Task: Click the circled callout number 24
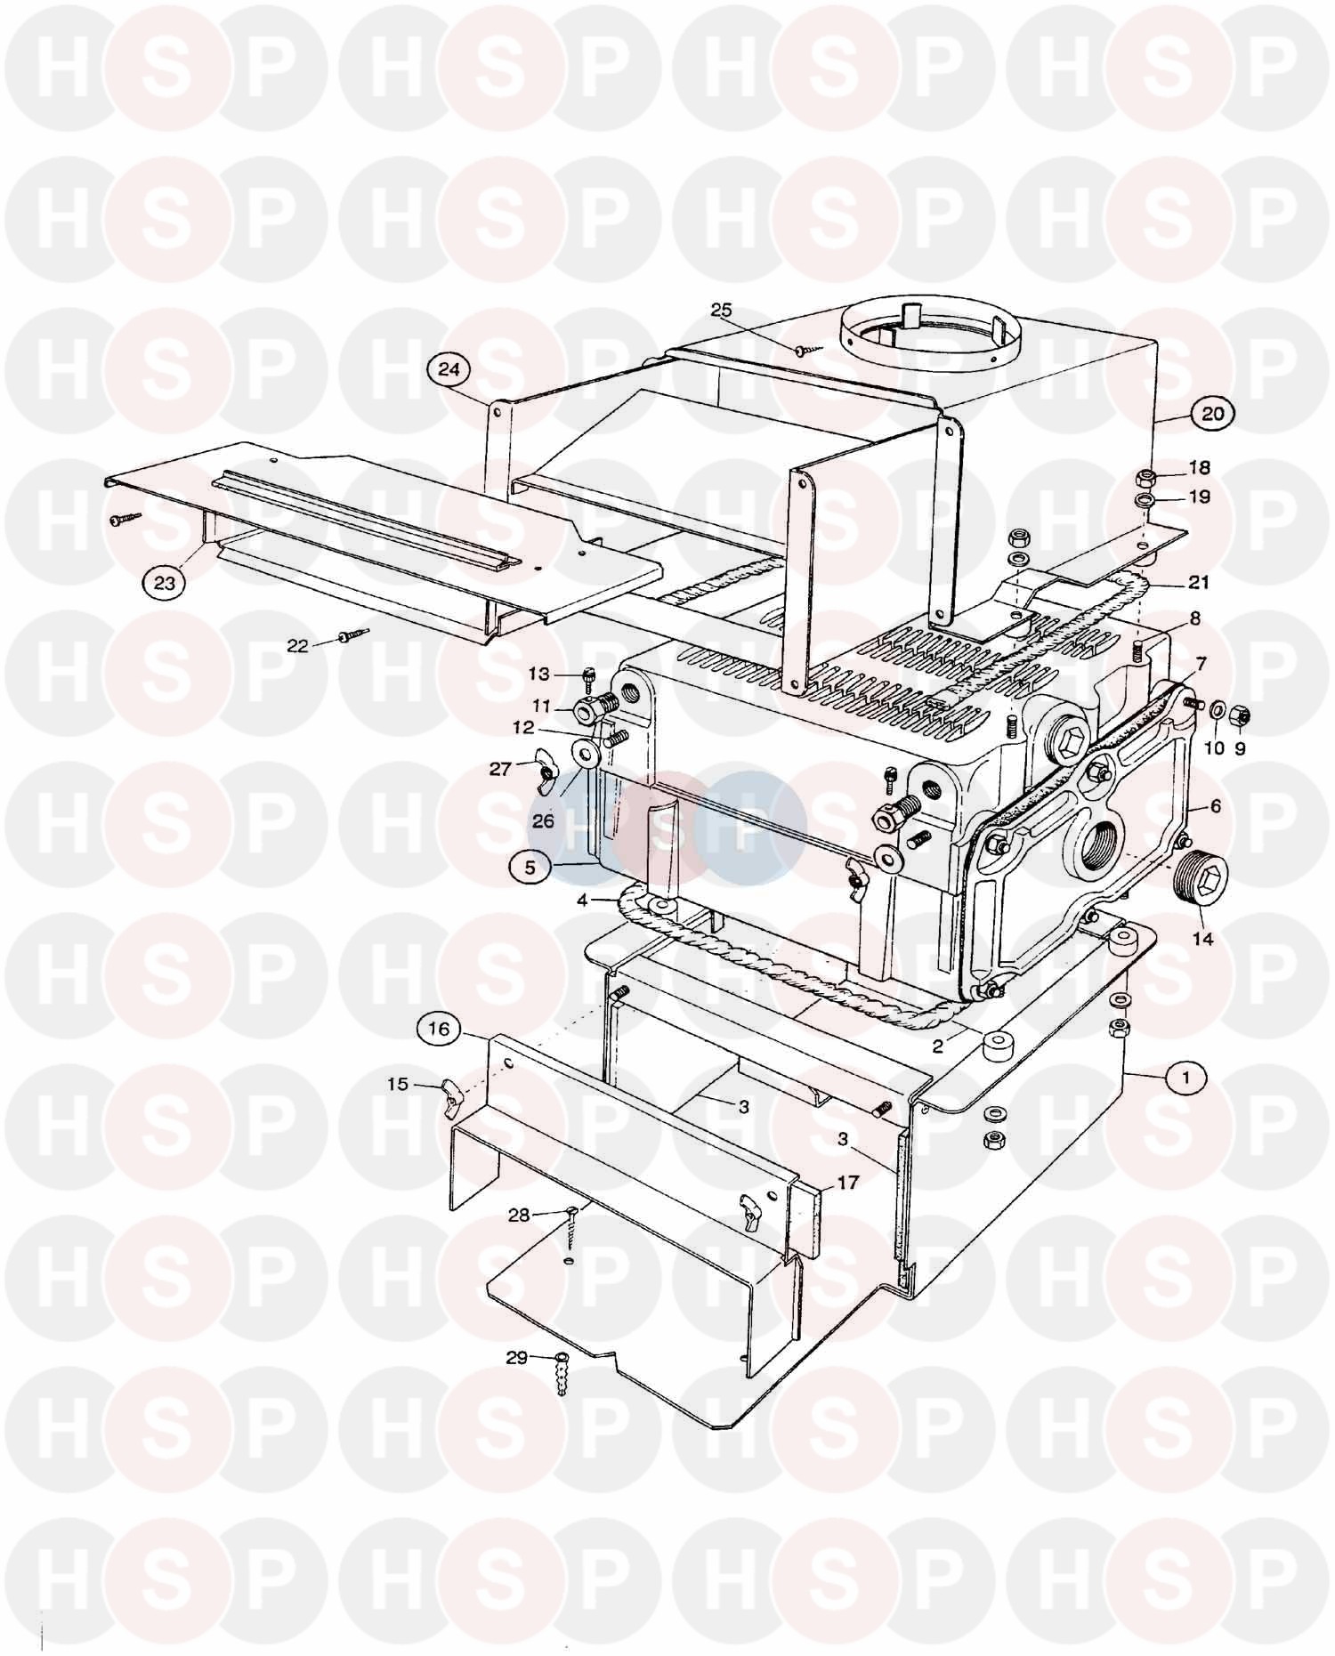pos(450,368)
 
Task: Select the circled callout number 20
pos(1213,413)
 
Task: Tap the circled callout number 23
pos(166,584)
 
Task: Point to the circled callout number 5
pos(530,867)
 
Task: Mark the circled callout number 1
pos(1184,1078)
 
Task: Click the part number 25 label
pos(721,310)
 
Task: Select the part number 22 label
pos(297,645)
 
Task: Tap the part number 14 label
pos(1202,939)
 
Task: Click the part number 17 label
pos(847,1183)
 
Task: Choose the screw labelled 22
pos(353,635)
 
